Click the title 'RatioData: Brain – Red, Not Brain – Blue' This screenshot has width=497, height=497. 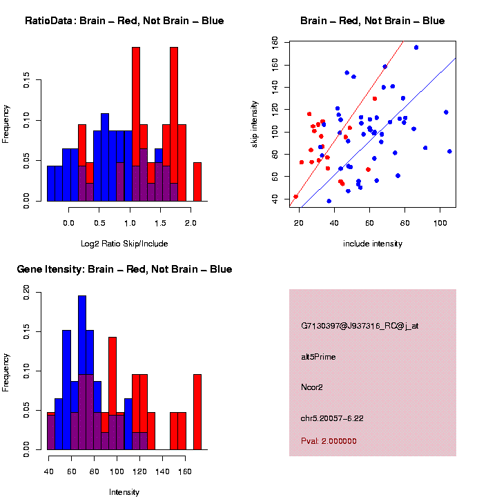(x=124, y=21)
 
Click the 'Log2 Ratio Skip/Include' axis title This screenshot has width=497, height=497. (x=124, y=244)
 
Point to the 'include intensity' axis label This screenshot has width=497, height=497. (x=373, y=244)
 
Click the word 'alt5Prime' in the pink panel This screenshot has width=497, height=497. (x=318, y=357)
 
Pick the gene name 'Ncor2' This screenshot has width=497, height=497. (x=312, y=387)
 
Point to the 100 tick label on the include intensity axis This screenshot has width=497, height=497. (x=440, y=223)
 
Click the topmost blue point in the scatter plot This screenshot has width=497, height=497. (x=416, y=48)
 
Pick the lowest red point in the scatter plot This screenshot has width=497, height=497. (x=295, y=197)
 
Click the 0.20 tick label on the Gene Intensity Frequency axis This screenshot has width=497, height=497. (x=27, y=293)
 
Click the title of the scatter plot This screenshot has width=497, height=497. (x=373, y=21)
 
